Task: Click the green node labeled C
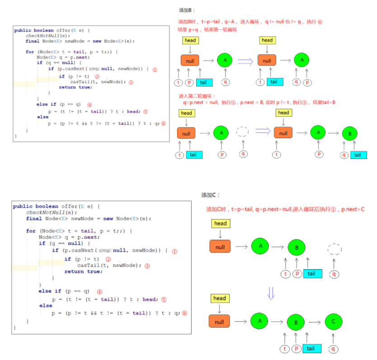click(x=334, y=322)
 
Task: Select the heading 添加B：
click(x=187, y=10)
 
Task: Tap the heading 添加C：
click(x=211, y=195)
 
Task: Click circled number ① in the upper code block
click(x=155, y=70)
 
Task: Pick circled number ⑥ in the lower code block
click(x=184, y=313)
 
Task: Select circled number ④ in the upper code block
click(x=90, y=104)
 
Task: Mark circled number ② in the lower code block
click(x=108, y=259)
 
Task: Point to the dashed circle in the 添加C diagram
click(x=334, y=249)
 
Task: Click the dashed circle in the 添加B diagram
click(x=243, y=132)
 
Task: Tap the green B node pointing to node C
click(x=296, y=323)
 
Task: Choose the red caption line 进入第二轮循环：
click(x=198, y=96)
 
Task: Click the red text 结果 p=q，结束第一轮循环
click(x=208, y=30)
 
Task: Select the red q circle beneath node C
click(x=334, y=349)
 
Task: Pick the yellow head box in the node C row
click(x=219, y=299)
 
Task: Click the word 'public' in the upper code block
click(x=23, y=30)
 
